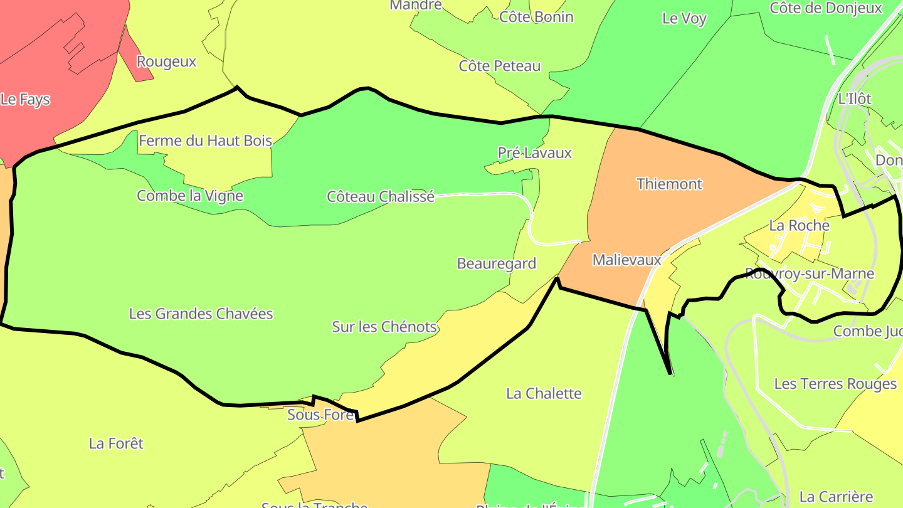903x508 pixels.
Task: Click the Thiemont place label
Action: coord(670,184)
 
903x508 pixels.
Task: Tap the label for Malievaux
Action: coord(627,260)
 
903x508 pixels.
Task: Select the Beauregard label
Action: coord(497,263)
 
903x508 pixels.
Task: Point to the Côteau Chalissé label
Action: coord(381,197)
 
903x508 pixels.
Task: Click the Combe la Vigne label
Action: coord(190,196)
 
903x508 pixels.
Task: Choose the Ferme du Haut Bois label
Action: coord(205,141)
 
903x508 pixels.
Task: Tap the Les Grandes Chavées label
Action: coord(201,314)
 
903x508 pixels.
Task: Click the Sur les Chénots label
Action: coord(384,327)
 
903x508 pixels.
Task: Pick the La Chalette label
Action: coord(544,394)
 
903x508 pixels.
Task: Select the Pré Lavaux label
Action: coord(535,153)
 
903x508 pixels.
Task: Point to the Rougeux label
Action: coord(167,62)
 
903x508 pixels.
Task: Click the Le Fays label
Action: coord(25,100)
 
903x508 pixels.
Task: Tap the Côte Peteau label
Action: coord(500,66)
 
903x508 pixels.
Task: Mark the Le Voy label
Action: coord(684,19)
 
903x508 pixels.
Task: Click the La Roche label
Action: coord(799,226)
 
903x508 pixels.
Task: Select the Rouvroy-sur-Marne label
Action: coord(809,274)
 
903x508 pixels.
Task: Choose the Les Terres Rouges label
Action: coord(835,384)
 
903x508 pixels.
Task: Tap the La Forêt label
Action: coord(116,444)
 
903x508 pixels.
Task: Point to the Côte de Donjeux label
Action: coord(826,8)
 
